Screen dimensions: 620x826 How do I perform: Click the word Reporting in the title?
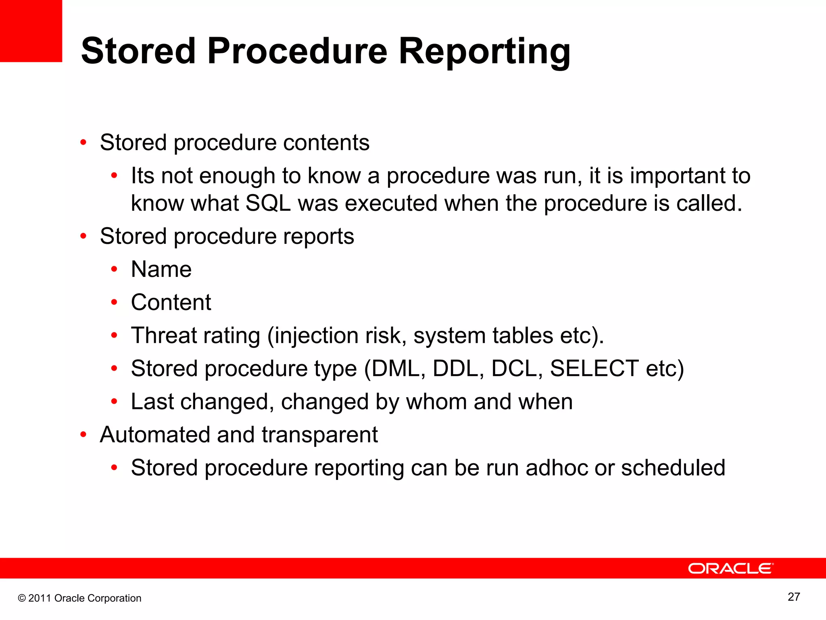[x=484, y=51]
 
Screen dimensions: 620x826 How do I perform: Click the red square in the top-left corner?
[x=31, y=31]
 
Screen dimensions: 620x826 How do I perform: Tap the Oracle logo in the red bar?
[x=730, y=568]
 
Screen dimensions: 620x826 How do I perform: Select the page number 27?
[x=794, y=597]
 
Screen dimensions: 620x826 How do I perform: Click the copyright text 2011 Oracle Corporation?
[x=80, y=598]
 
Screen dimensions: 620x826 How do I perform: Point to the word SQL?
[x=268, y=203]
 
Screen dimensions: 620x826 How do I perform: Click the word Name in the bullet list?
[x=161, y=269]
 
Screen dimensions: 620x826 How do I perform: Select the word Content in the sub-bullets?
[x=171, y=302]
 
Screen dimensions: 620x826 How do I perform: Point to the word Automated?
[x=155, y=435]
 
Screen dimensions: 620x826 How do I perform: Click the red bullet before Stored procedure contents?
[x=83, y=142]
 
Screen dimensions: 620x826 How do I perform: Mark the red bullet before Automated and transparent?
[x=83, y=435]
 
